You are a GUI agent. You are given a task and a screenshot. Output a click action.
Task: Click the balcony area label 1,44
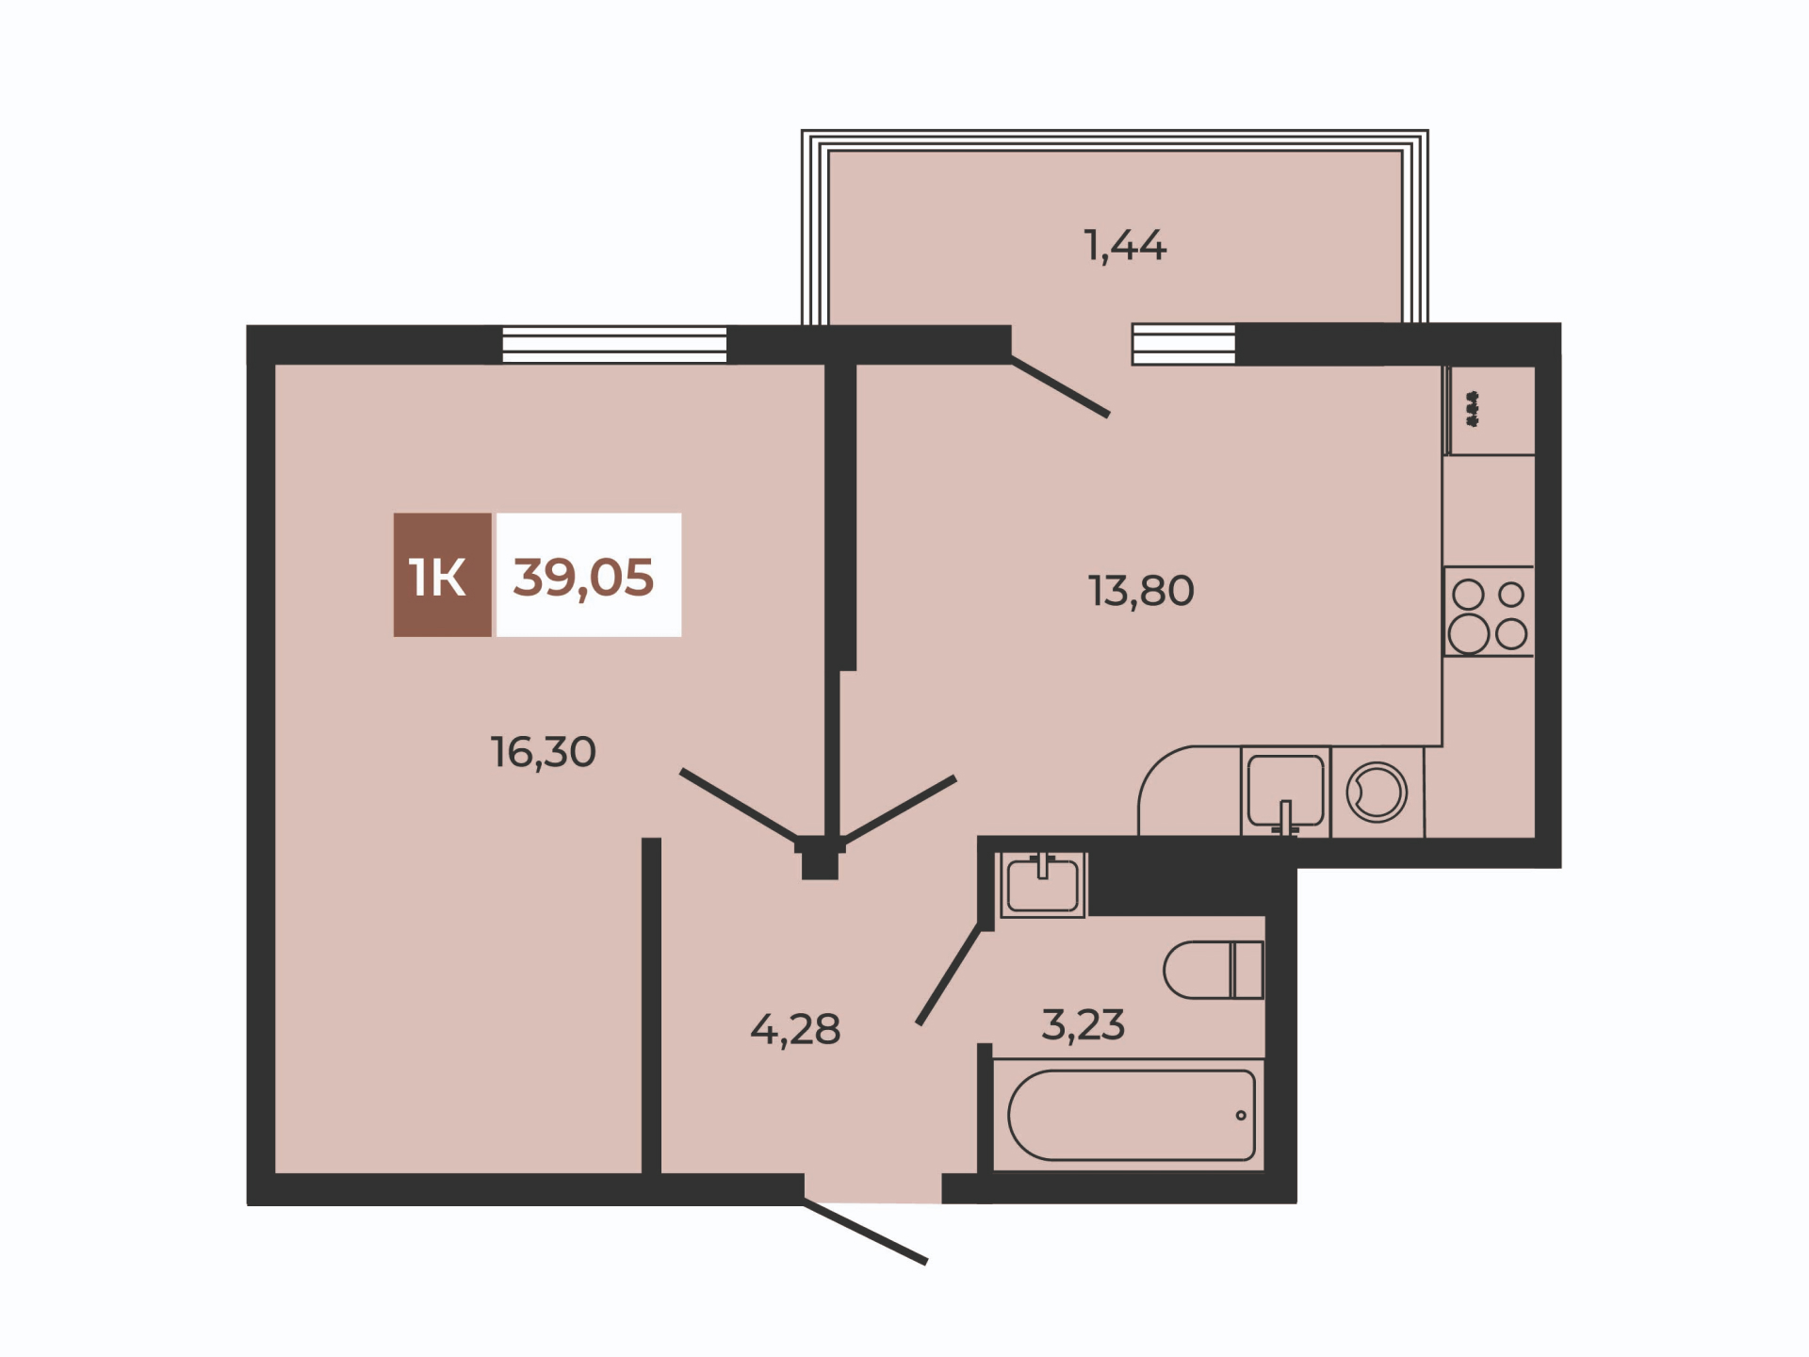pos(1125,246)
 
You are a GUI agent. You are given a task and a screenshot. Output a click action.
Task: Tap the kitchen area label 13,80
pos(1141,591)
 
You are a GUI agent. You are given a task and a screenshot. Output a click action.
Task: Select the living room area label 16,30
pos(544,752)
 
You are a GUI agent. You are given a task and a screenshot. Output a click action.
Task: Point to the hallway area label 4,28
pos(795,1029)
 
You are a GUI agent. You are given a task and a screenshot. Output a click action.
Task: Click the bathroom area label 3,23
pos(1083,1024)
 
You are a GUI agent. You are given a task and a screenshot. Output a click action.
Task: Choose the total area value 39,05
pos(583,577)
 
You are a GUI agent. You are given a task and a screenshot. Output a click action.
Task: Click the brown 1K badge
pos(442,575)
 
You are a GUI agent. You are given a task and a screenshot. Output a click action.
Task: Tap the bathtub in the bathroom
pos(1131,1115)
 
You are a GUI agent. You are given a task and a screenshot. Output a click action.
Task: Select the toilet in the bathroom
pos(1214,970)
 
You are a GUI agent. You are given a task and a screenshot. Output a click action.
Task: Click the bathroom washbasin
pos(1042,884)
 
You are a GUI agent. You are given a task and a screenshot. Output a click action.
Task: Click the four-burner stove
pos(1489,611)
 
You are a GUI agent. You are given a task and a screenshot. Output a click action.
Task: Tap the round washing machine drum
pos(1377,792)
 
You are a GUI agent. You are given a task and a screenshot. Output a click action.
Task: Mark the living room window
pos(614,344)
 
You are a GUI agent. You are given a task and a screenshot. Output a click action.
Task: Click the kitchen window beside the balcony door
pos(1183,344)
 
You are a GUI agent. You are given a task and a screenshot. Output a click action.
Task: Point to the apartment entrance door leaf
pos(865,1232)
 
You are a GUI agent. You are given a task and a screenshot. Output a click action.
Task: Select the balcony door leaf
pos(1060,385)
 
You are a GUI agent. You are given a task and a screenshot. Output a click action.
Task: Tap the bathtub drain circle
pos(1241,1116)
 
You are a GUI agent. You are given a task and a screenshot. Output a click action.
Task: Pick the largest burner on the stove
pos(1468,634)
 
